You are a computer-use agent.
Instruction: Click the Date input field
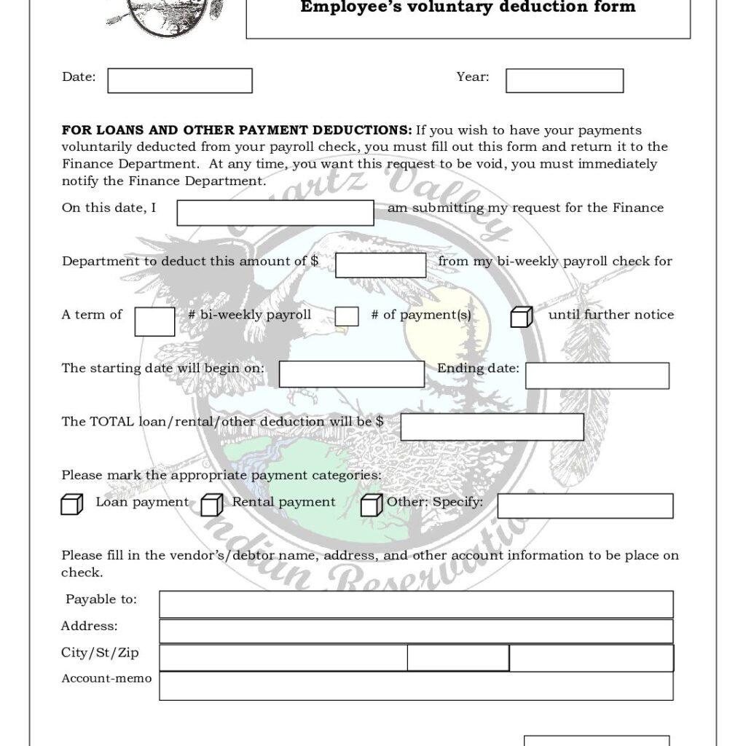(x=180, y=81)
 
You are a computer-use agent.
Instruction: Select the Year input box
(x=565, y=81)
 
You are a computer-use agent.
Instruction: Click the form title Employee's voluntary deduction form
(x=468, y=8)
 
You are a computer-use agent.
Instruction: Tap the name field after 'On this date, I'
(x=275, y=213)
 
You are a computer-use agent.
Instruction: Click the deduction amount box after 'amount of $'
(x=380, y=265)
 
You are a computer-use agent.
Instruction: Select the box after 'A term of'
(x=154, y=321)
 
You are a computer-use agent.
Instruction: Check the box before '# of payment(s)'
(x=347, y=316)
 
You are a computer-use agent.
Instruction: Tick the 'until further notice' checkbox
(x=521, y=317)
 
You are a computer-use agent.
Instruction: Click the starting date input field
(x=351, y=374)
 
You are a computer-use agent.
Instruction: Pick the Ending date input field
(x=597, y=375)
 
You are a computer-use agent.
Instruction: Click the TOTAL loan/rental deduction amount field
(x=492, y=427)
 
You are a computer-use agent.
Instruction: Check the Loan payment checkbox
(x=71, y=504)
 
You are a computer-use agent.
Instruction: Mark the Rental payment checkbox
(x=211, y=504)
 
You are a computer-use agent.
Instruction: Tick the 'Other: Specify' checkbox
(x=372, y=504)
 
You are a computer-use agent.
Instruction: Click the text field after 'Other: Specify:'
(x=585, y=506)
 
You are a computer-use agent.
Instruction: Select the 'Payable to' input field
(x=416, y=604)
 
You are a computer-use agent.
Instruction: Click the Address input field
(x=416, y=631)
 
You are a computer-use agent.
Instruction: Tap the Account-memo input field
(x=416, y=686)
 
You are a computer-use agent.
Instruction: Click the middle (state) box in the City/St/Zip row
(x=458, y=658)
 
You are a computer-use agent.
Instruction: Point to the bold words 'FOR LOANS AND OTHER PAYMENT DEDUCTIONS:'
(x=237, y=130)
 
